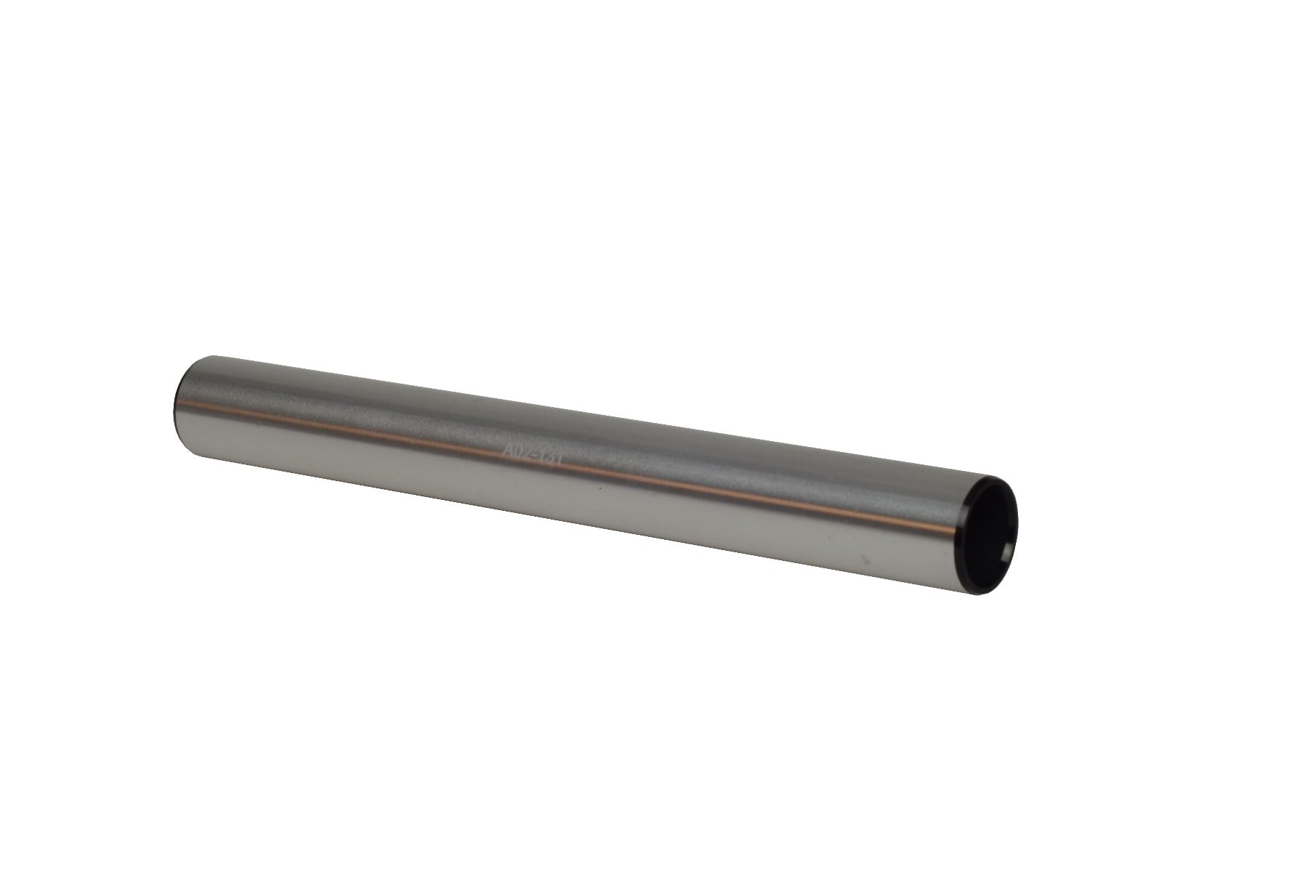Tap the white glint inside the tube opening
pyautogui.click(x=1006, y=556)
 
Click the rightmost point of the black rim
pyautogui.click(x=1017, y=523)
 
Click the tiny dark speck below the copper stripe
pyautogui.click(x=600, y=488)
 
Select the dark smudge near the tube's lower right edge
pyautogui.click(x=865, y=560)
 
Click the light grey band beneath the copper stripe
pyautogui.click(x=581, y=501)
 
